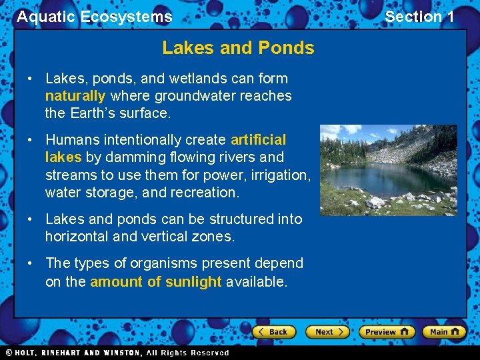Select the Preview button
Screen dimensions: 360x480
(x=386, y=331)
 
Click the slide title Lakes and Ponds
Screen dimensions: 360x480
(x=238, y=48)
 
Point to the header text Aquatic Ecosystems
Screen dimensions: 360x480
(x=94, y=17)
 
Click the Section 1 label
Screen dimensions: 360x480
(x=419, y=17)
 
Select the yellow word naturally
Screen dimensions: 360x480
(x=75, y=96)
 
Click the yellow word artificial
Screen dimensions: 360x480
(x=258, y=140)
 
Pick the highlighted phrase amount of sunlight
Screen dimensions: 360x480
(x=155, y=281)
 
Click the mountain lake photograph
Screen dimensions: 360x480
(x=388, y=170)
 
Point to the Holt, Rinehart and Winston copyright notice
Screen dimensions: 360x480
(x=117, y=353)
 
